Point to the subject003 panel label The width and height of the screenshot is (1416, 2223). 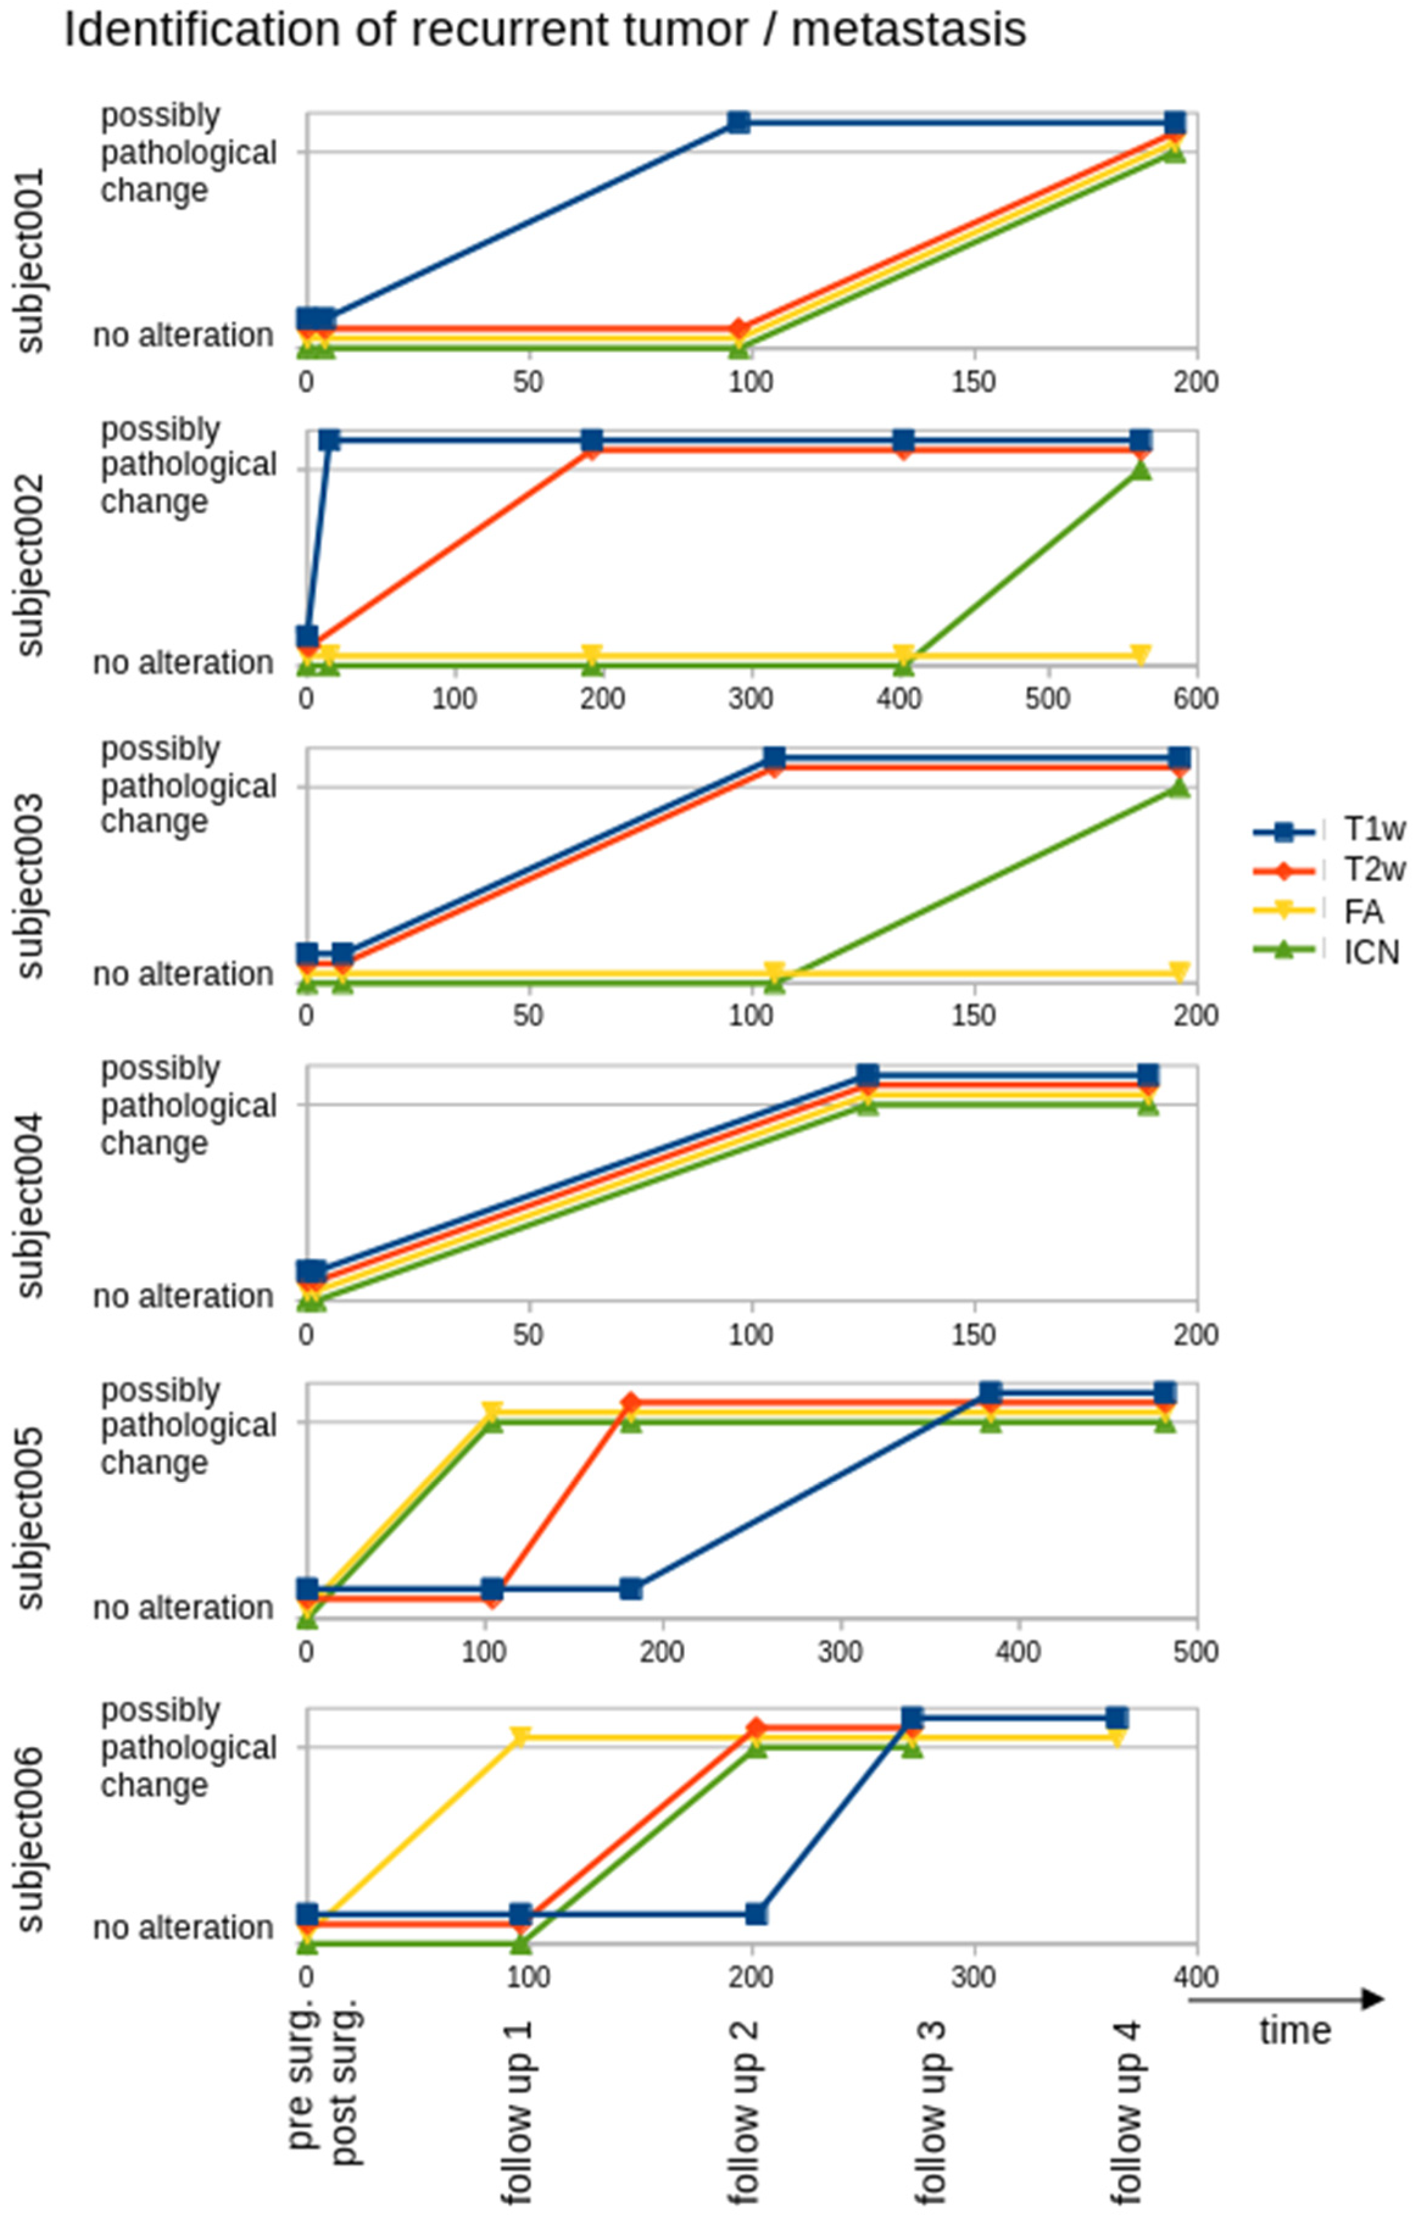point(30,884)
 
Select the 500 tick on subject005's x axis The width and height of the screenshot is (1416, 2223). point(1196,1651)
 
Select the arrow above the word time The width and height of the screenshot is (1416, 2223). point(1286,1999)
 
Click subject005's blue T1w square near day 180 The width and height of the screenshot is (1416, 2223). point(631,1589)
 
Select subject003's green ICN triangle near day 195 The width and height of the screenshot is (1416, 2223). point(1179,787)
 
